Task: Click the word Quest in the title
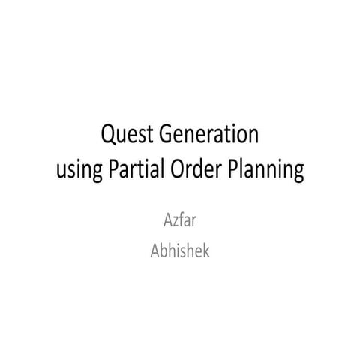coord(124,137)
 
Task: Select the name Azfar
coord(180,223)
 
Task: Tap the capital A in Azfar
coord(167,223)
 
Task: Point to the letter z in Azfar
coord(176,224)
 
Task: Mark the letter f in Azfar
coord(182,222)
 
